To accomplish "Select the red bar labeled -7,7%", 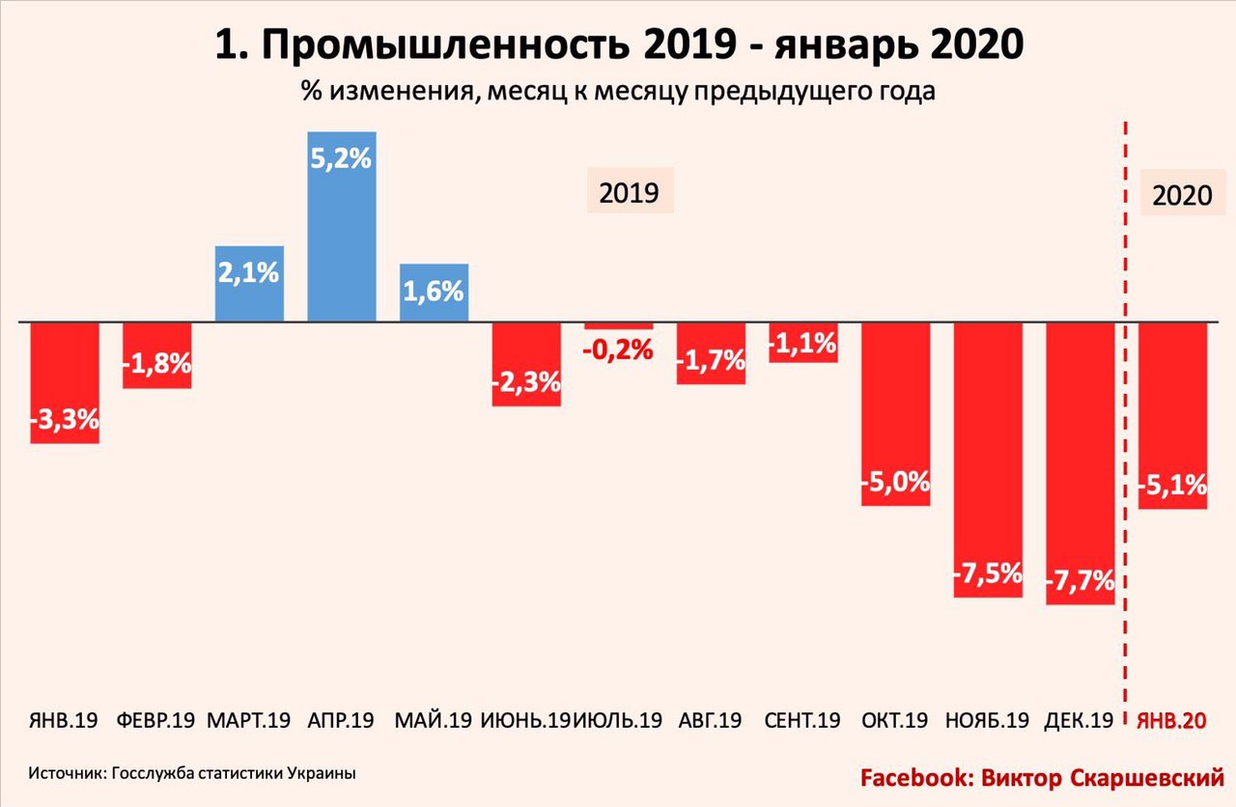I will point(1081,463).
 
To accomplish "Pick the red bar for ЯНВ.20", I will point(1173,415).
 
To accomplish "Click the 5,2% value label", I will point(341,157).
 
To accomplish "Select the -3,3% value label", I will point(65,420).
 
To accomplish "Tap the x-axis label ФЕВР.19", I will point(155,720).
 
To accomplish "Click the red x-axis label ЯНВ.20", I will point(1172,720).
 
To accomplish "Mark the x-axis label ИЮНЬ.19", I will point(525,720).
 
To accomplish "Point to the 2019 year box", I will point(629,192).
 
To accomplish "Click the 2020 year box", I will point(1181,196).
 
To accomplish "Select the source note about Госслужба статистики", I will point(192,773).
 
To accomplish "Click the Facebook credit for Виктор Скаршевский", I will point(1042,777).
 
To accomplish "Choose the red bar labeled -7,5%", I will point(988,459).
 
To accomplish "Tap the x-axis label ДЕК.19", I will point(1079,720).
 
